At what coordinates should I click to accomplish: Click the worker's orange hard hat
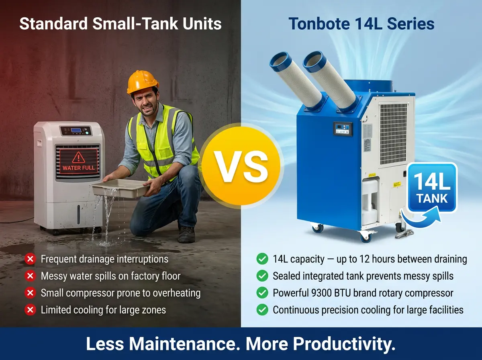[143, 82]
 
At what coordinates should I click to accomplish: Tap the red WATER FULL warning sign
[78, 161]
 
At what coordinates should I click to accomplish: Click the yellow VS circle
[241, 166]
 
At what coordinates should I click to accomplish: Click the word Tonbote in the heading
[319, 24]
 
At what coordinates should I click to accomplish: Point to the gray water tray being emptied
[120, 188]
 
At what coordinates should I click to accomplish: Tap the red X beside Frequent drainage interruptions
[30, 259]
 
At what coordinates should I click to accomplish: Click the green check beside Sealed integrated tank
[262, 276]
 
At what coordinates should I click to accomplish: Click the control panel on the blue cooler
[343, 129]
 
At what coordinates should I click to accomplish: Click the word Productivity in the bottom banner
[344, 344]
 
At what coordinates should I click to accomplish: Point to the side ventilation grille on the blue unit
[393, 134]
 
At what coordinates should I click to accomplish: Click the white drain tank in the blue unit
[370, 201]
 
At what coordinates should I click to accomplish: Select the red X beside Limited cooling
[30, 310]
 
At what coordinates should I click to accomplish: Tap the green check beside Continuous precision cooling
[262, 310]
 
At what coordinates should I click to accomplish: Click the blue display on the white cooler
[76, 130]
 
